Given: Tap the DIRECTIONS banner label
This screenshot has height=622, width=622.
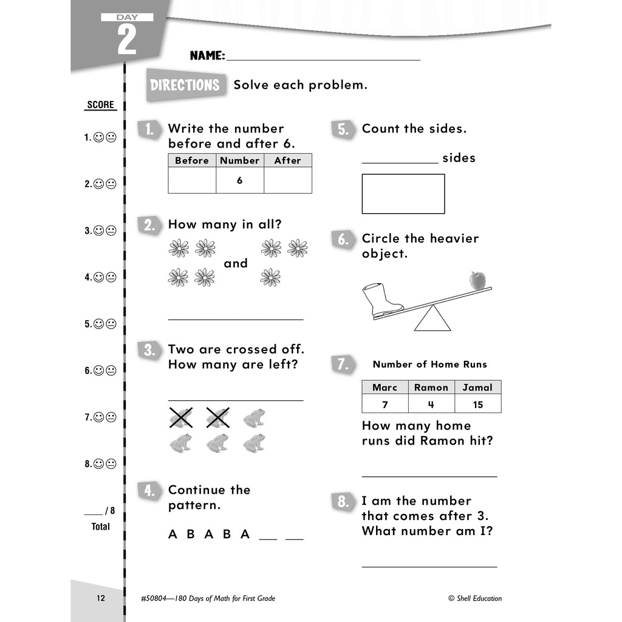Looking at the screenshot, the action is pyautogui.click(x=185, y=85).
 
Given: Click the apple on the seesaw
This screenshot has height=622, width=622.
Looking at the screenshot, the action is pyautogui.click(x=478, y=281).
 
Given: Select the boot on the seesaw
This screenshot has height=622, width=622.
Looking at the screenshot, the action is pyautogui.click(x=381, y=299).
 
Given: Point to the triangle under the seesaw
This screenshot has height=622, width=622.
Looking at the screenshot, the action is pyautogui.click(x=432, y=320).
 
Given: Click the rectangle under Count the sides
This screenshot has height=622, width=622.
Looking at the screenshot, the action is pyautogui.click(x=403, y=194).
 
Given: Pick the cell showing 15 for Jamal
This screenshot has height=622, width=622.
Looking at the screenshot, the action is pyautogui.click(x=477, y=404).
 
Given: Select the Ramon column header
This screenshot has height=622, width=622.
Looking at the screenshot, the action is pyautogui.click(x=431, y=388).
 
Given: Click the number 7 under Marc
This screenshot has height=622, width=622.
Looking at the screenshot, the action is pyautogui.click(x=385, y=404).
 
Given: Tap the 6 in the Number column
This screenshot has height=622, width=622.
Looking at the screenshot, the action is pyautogui.click(x=240, y=180).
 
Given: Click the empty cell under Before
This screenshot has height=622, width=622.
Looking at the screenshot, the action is pyautogui.click(x=192, y=180).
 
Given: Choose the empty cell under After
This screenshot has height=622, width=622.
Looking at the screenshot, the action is pyautogui.click(x=288, y=180).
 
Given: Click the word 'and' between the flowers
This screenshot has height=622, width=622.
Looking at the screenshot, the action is pyautogui.click(x=236, y=264).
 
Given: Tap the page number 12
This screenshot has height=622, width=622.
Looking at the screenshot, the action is pyautogui.click(x=101, y=598).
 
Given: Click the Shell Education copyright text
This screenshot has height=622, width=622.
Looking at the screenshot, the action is pyautogui.click(x=475, y=598).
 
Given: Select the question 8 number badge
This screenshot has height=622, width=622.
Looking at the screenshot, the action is pyautogui.click(x=343, y=502).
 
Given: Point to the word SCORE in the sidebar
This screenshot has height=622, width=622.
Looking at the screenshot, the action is pyautogui.click(x=100, y=104).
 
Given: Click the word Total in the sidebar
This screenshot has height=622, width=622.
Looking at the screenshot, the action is pyautogui.click(x=101, y=527).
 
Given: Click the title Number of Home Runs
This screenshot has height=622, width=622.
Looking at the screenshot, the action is pyautogui.click(x=430, y=364).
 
